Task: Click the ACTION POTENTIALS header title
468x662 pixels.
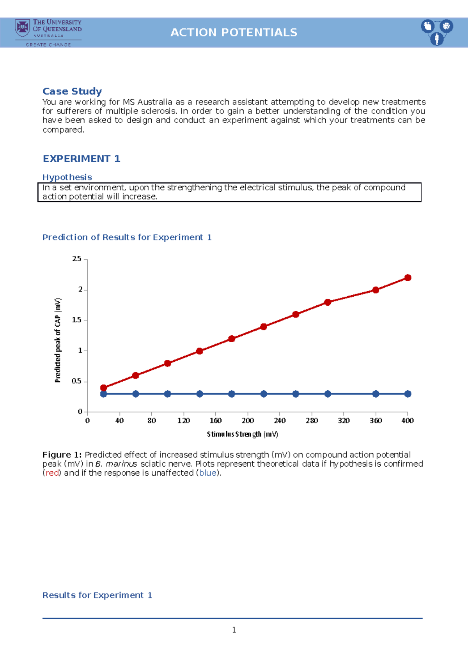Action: pyautogui.click(x=234, y=32)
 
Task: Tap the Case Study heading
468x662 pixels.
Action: pyautogui.click(x=72, y=91)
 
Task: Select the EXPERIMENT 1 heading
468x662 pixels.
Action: pyautogui.click(x=82, y=159)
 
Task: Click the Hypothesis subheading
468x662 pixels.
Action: pyautogui.click(x=67, y=177)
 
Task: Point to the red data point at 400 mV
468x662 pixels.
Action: pyautogui.click(x=408, y=278)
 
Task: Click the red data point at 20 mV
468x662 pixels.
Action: pyautogui.click(x=103, y=388)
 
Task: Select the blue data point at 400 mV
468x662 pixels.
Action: pyautogui.click(x=408, y=394)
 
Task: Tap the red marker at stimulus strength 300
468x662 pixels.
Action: pyautogui.click(x=328, y=302)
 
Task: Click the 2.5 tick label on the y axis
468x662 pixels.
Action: pyautogui.click(x=77, y=259)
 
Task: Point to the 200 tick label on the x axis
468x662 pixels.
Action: pyautogui.click(x=248, y=421)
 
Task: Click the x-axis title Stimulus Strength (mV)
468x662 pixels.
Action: pyautogui.click(x=242, y=434)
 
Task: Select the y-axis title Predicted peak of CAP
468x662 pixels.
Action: pyautogui.click(x=58, y=340)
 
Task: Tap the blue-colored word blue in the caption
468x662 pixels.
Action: pyautogui.click(x=207, y=473)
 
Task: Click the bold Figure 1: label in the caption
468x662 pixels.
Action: pyautogui.click(x=62, y=455)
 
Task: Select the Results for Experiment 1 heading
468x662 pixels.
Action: pyautogui.click(x=97, y=595)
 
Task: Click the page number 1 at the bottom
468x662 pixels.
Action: pyautogui.click(x=234, y=630)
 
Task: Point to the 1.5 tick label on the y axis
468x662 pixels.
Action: pyautogui.click(x=77, y=320)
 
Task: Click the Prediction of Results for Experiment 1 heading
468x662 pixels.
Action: pyautogui.click(x=127, y=237)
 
